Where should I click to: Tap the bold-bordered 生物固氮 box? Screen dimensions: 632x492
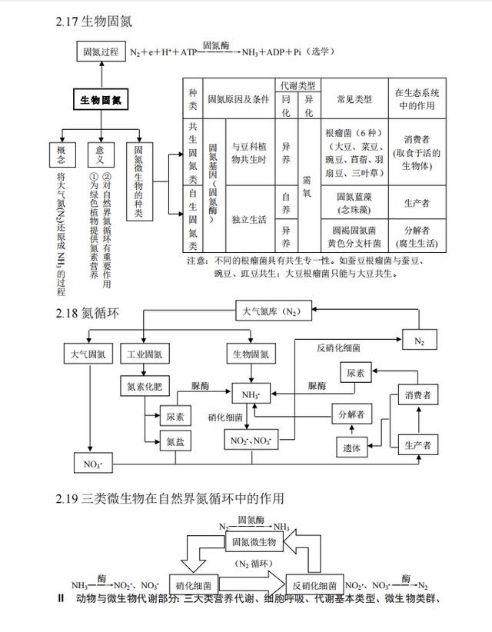pyautogui.click(x=101, y=100)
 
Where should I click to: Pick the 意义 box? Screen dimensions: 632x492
pyautogui.click(x=101, y=153)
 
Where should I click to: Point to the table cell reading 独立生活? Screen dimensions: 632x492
pyautogui.click(x=248, y=220)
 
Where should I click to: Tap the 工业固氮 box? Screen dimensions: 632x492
pyautogui.click(x=145, y=354)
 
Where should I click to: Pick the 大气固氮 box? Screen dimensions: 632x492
pyautogui.click(x=88, y=354)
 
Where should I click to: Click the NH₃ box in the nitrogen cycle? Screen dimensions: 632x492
pyautogui.click(x=251, y=394)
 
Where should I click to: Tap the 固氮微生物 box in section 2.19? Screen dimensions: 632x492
pyautogui.click(x=254, y=542)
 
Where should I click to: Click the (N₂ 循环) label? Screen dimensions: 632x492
pyautogui.click(x=254, y=564)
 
